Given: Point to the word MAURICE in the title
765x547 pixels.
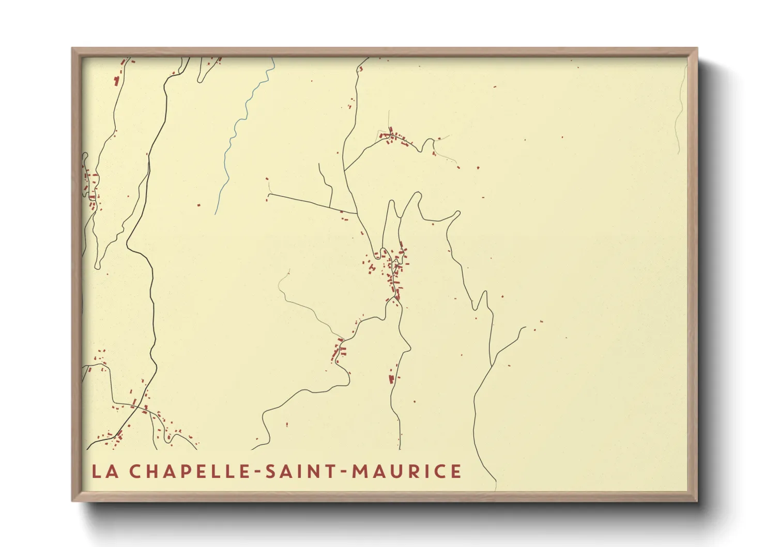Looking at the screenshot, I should (x=406, y=472).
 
